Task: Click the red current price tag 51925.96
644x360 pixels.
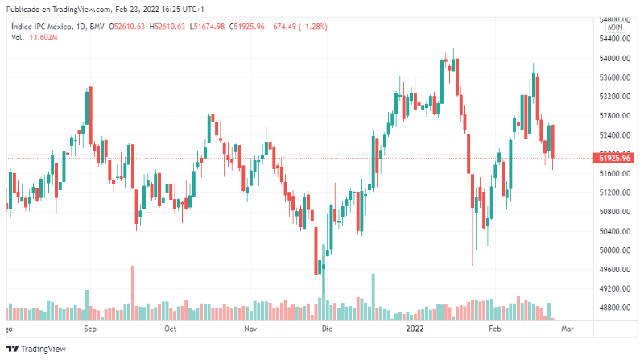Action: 614,158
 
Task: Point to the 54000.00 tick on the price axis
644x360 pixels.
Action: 613,59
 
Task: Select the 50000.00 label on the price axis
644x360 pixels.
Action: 613,250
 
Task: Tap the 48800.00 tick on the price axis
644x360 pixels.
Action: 613,308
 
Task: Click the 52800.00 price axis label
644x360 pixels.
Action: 613,116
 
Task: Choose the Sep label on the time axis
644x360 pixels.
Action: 90,329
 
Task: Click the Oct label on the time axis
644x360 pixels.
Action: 170,329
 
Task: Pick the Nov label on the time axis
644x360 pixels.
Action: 250,329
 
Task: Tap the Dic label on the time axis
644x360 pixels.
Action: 326,329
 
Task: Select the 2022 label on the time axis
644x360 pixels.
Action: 415,329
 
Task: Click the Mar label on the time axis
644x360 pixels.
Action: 567,329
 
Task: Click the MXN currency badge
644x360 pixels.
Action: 615,27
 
